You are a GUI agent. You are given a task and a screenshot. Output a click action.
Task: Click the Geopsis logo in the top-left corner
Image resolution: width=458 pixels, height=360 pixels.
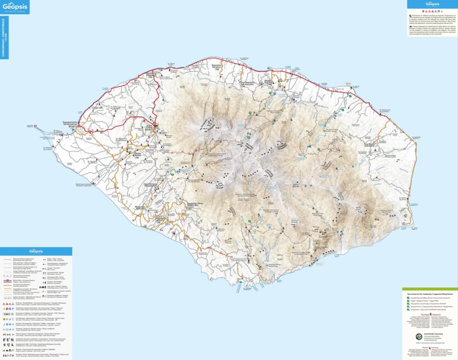pos(15,6)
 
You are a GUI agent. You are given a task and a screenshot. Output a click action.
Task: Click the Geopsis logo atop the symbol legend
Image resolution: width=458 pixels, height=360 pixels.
pos(36,251)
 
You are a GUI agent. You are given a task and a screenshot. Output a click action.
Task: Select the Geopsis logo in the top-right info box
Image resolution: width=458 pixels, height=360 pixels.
pos(432,4)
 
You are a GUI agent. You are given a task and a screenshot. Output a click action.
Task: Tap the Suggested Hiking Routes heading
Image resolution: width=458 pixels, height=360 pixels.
pos(429,294)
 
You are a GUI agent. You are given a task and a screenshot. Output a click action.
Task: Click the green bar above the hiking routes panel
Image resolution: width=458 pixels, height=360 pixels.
pos(429,289)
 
